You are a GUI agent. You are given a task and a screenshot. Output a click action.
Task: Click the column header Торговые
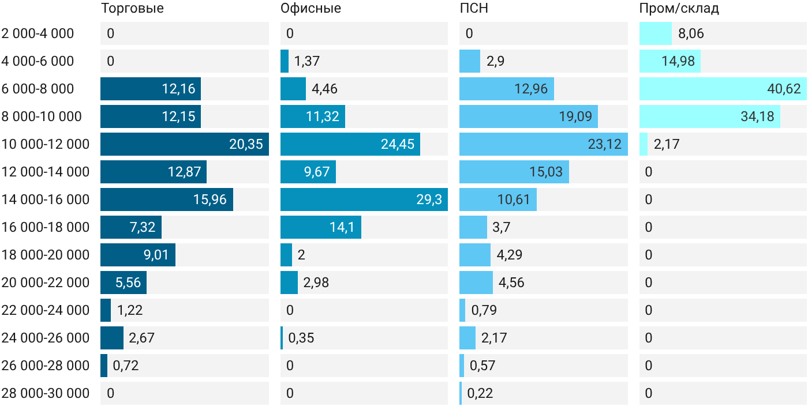132,8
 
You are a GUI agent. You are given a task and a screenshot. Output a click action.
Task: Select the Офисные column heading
311,8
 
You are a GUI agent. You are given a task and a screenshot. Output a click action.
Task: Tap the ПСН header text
474,8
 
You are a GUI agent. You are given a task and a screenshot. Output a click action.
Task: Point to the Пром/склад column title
679,8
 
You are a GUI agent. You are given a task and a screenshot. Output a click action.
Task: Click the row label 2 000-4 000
38,33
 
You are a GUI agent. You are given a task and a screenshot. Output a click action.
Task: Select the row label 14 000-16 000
46,200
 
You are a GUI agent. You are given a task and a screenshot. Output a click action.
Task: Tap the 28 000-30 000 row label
46,393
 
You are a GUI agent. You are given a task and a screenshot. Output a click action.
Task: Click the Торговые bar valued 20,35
185,144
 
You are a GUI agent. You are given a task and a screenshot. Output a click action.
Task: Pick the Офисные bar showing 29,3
364,200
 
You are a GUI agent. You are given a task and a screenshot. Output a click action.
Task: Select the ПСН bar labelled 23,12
544,144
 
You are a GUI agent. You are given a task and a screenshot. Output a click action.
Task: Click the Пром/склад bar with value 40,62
723,89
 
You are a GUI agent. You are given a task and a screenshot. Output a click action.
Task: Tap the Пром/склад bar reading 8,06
656,33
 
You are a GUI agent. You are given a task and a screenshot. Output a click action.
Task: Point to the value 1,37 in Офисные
307,61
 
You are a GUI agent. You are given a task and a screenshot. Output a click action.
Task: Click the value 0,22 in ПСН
480,393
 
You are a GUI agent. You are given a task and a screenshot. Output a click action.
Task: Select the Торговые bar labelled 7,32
131,227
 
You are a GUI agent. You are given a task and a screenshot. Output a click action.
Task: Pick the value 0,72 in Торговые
126,366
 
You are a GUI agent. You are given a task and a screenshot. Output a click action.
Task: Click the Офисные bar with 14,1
321,227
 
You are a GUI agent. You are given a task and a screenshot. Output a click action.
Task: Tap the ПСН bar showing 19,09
529,116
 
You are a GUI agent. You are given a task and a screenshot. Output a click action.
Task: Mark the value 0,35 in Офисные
301,338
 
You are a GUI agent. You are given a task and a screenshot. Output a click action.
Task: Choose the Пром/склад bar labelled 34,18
710,116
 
